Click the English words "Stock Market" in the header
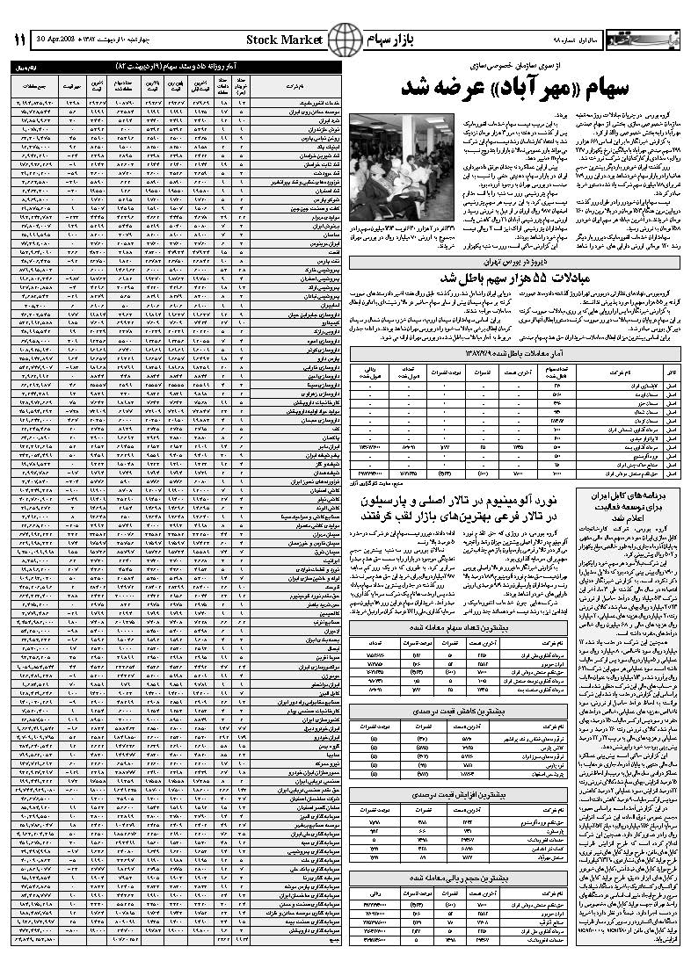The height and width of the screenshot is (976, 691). pos(285,40)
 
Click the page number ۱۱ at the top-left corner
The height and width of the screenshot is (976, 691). pos(18,40)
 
